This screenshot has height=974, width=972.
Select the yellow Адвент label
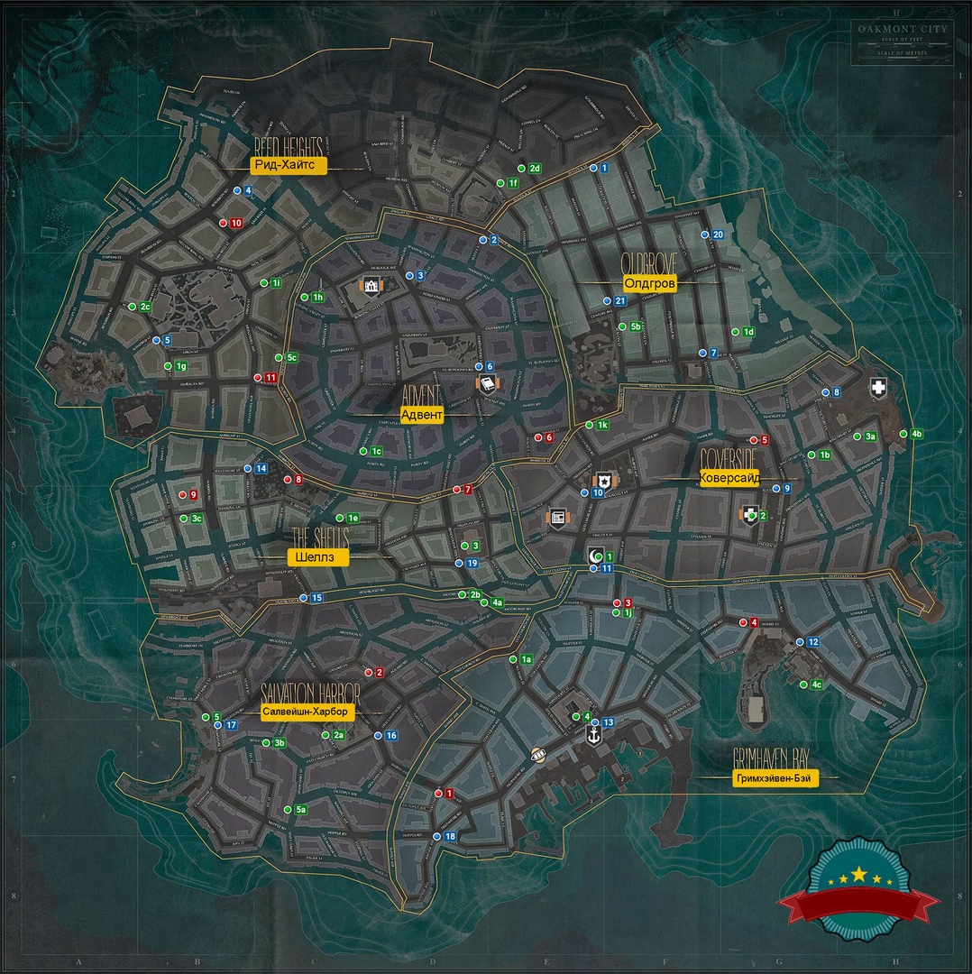421,415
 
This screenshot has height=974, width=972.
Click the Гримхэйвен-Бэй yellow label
775,779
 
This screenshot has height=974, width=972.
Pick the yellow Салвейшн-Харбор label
308,711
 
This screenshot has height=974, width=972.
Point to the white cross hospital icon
877,388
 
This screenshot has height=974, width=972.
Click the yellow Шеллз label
316,557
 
